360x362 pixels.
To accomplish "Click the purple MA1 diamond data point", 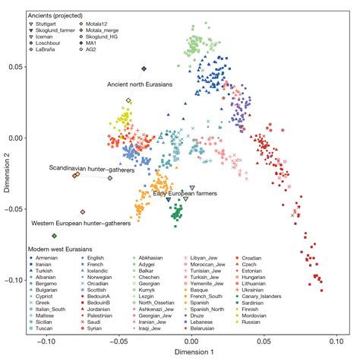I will pos(144,68).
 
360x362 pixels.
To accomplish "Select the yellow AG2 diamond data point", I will pos(129,100).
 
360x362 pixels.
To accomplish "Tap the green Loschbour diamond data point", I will pos(54,237).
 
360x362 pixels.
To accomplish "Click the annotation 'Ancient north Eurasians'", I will pos(141,84).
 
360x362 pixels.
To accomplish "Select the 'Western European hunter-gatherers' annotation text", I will pos(81,224).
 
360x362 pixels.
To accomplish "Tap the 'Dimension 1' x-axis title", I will pos(194,354).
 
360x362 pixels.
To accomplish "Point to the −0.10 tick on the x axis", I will pos(47,342).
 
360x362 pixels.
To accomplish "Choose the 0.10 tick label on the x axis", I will pos(341,342).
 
